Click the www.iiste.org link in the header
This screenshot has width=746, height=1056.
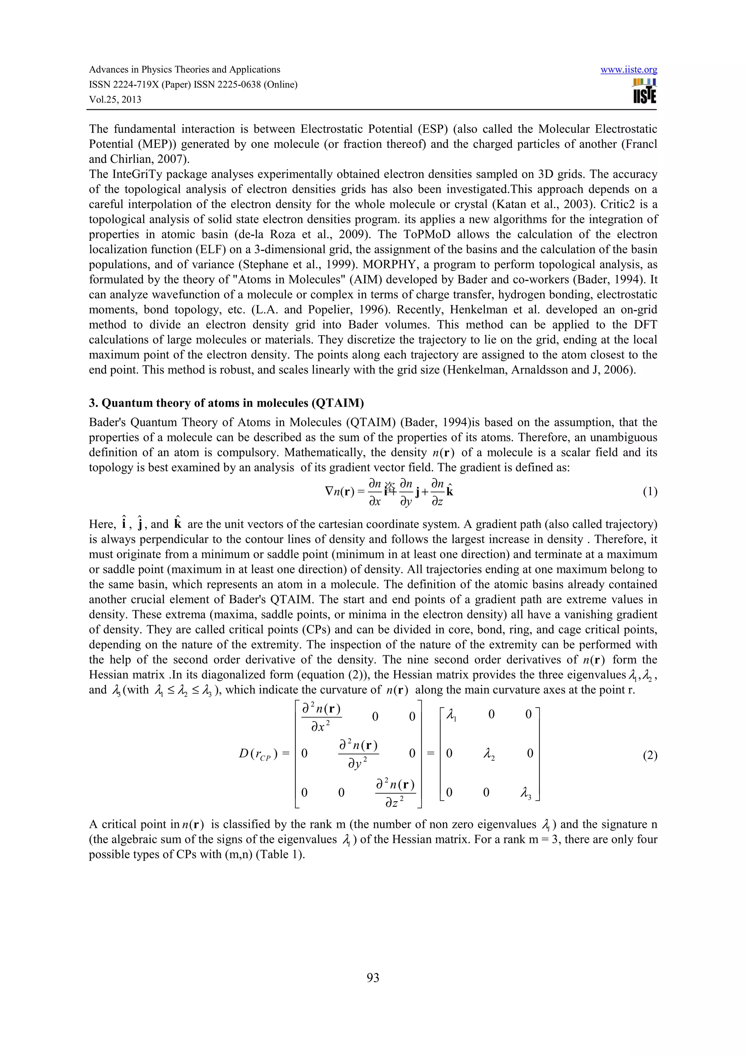[628, 70]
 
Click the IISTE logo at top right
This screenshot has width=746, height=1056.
[644, 91]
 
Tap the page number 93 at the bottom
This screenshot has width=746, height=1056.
[373, 977]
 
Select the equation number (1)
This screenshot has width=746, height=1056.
[649, 492]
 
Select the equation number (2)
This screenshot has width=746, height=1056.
[649, 756]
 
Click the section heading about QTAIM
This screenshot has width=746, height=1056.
[226, 403]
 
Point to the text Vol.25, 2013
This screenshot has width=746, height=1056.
[115, 99]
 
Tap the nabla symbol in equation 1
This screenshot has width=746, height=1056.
[329, 491]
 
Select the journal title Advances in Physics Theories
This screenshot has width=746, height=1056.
[184, 70]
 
